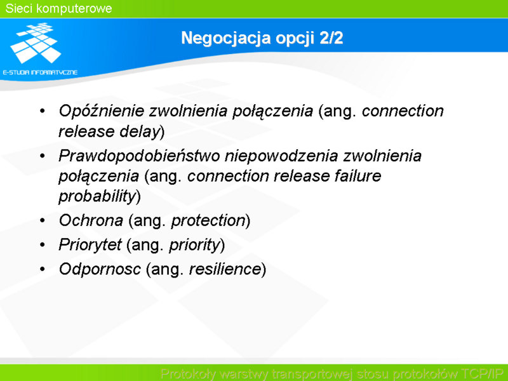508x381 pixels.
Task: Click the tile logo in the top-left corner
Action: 36,43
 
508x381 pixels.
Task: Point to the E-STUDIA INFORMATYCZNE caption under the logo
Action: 40,72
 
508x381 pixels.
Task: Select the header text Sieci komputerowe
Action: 58,8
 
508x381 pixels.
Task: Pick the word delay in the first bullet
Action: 140,132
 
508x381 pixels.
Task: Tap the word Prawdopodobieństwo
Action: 139,156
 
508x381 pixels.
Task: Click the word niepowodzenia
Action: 281,156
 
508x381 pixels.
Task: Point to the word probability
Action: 97,196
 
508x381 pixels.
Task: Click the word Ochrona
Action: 91,220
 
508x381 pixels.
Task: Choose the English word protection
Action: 208,220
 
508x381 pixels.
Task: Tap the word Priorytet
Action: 90,244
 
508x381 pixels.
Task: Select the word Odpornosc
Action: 100,269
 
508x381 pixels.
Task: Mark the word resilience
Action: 225,269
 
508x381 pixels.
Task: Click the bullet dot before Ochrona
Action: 43,220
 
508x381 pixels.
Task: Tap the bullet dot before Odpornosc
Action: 43,269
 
